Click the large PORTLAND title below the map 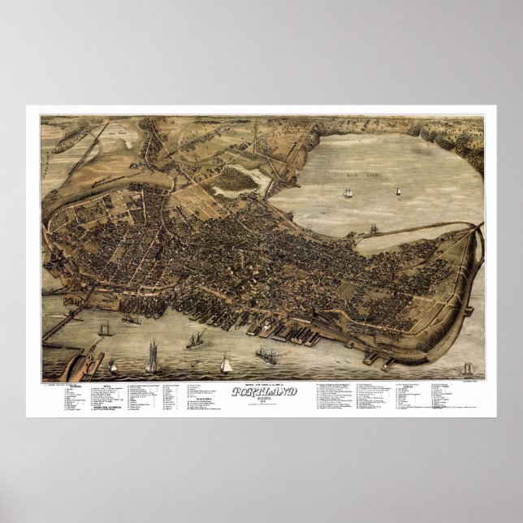[265, 391]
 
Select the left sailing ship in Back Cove [348, 193]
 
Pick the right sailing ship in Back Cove [398, 191]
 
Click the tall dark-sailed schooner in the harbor [152, 356]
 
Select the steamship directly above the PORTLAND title [266, 355]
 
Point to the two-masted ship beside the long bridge [105, 329]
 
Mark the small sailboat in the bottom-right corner [467, 369]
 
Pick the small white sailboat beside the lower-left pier [113, 367]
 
